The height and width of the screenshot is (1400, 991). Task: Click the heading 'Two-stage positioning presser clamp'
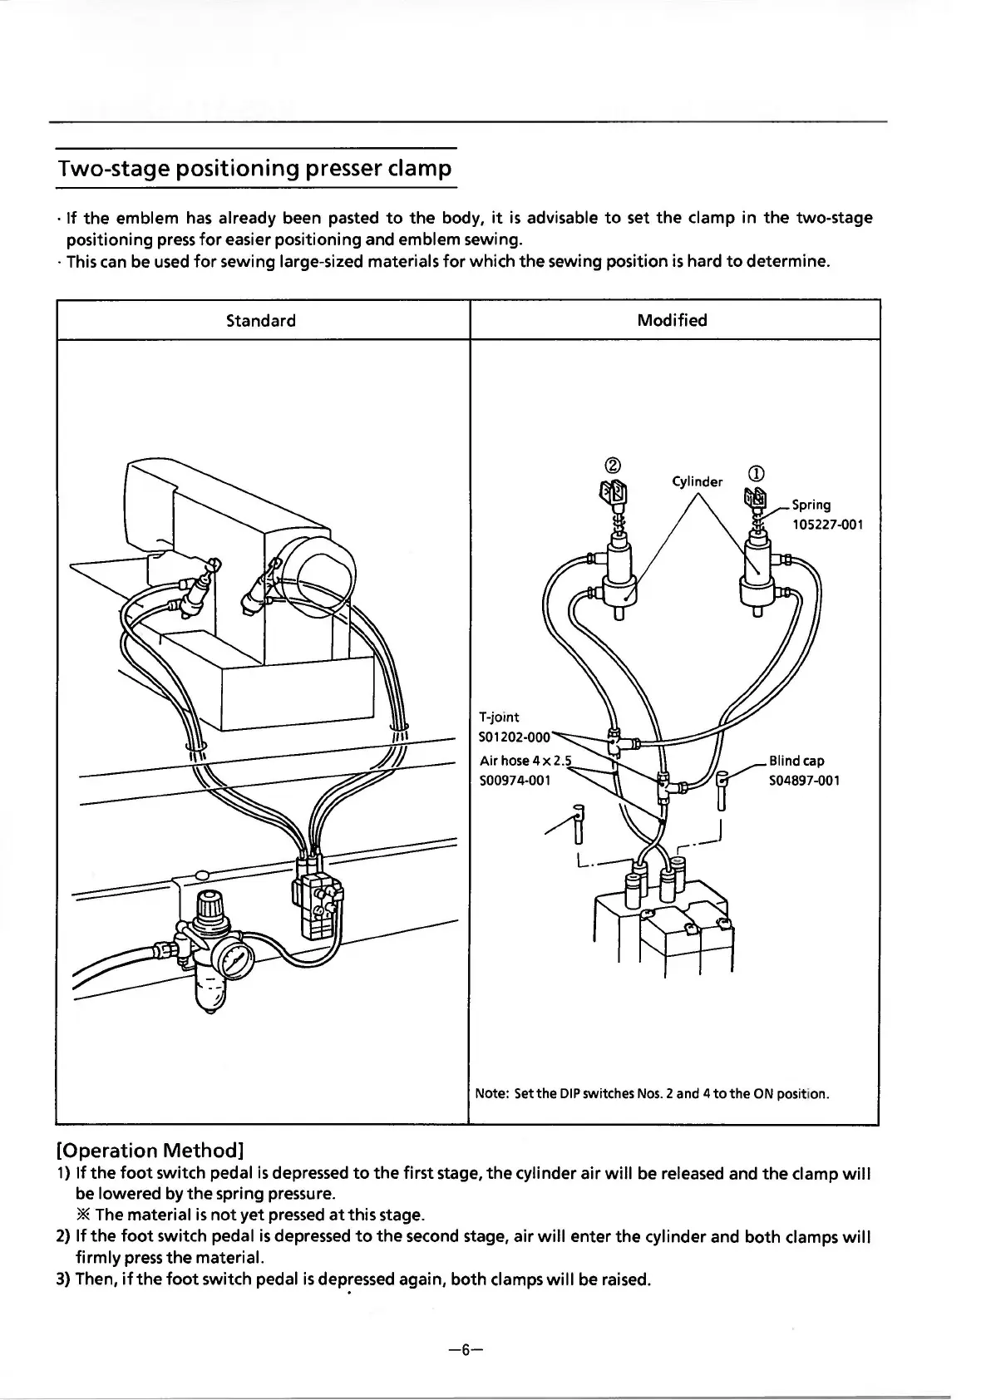[254, 169]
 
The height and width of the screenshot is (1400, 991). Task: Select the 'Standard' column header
[261, 321]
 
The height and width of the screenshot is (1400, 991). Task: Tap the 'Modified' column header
[673, 320]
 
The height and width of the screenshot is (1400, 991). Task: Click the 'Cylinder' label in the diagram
[697, 481]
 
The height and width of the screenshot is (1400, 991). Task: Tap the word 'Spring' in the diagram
[811, 505]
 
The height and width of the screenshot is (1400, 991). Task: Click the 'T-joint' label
[500, 717]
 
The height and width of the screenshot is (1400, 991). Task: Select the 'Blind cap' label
[796, 761]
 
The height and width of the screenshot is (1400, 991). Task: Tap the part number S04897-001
[804, 781]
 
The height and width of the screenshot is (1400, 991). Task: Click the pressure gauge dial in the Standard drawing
[235, 964]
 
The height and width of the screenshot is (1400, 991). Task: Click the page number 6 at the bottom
[465, 1349]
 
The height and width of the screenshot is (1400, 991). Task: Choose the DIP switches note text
[652, 1093]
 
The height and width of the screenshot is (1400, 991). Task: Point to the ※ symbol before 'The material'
[83, 1215]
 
